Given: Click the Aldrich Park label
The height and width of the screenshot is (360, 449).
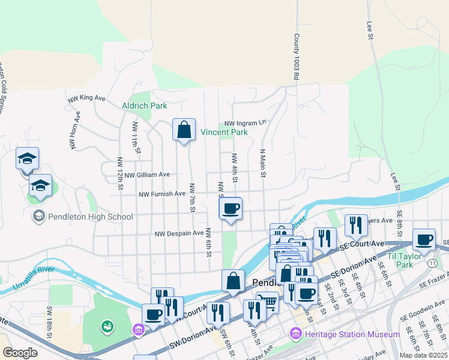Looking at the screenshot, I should [144, 106].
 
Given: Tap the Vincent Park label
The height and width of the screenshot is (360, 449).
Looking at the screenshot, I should [224, 132].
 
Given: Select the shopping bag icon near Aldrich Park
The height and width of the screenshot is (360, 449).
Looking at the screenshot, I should [184, 130].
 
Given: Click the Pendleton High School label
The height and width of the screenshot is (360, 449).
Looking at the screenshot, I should [82, 217].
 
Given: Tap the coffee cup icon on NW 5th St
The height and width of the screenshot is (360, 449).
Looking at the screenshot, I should [231, 209].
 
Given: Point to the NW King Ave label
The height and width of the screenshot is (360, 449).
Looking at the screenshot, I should [86, 98].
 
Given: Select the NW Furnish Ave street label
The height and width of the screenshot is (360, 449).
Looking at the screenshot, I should [162, 194].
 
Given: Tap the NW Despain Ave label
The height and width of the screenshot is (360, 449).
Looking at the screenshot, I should [179, 233].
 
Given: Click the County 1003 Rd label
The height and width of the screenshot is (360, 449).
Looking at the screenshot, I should [296, 57].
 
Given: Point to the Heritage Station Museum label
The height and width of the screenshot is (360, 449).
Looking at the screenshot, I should [344, 334].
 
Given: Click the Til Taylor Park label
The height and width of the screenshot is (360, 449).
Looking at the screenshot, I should [409, 260].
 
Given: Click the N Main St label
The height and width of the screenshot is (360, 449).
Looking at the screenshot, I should [262, 163].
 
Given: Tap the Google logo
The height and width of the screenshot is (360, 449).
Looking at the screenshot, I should [20, 353].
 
